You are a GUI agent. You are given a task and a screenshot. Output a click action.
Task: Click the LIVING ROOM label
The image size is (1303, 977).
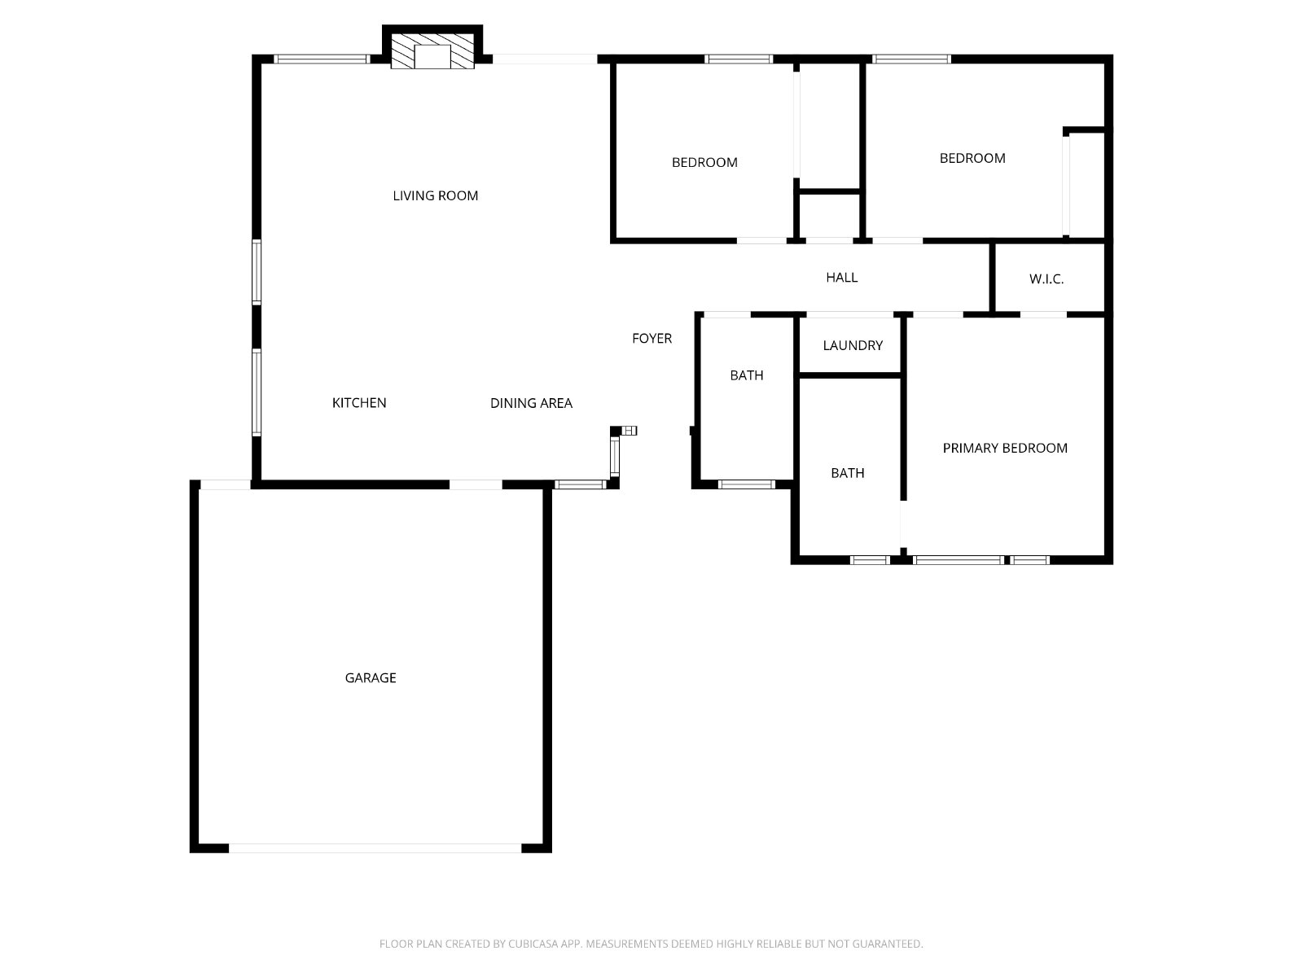coord(435,195)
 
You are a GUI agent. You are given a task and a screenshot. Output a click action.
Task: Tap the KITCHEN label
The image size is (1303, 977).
coord(359,403)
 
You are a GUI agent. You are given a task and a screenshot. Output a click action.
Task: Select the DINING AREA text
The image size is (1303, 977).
coord(531,403)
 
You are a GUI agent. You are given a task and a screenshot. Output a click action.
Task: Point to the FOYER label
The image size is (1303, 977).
coord(651,338)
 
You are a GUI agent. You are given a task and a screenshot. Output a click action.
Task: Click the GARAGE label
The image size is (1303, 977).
coord(371,677)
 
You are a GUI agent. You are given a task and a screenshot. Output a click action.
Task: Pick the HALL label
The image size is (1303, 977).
coord(842,277)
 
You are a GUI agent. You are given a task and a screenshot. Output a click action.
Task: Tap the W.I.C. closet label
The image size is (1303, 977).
coord(1046,278)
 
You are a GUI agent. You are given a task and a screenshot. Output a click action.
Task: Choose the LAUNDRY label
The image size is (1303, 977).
coord(853,345)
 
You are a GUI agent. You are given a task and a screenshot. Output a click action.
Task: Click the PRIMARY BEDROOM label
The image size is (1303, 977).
coord(1005,448)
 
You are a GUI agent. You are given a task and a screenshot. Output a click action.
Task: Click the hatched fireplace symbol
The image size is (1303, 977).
coord(432,51)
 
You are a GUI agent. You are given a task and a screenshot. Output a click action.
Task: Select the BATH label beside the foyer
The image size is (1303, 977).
coord(747,375)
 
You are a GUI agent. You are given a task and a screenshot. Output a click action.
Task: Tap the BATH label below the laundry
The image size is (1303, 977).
coord(848,473)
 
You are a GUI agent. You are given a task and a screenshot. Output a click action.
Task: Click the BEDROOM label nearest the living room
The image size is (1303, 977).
coord(704,163)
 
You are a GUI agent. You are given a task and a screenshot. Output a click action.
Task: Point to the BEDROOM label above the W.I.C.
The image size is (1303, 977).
coord(972,159)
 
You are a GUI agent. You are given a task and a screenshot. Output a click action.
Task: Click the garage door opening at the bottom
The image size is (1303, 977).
coord(375,848)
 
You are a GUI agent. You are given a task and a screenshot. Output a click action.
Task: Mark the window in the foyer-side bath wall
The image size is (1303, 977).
coord(746,484)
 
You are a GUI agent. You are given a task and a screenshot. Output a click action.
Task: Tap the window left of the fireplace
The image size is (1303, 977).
coord(321,59)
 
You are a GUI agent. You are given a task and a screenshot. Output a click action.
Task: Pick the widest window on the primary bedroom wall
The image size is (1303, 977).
coord(958,560)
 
